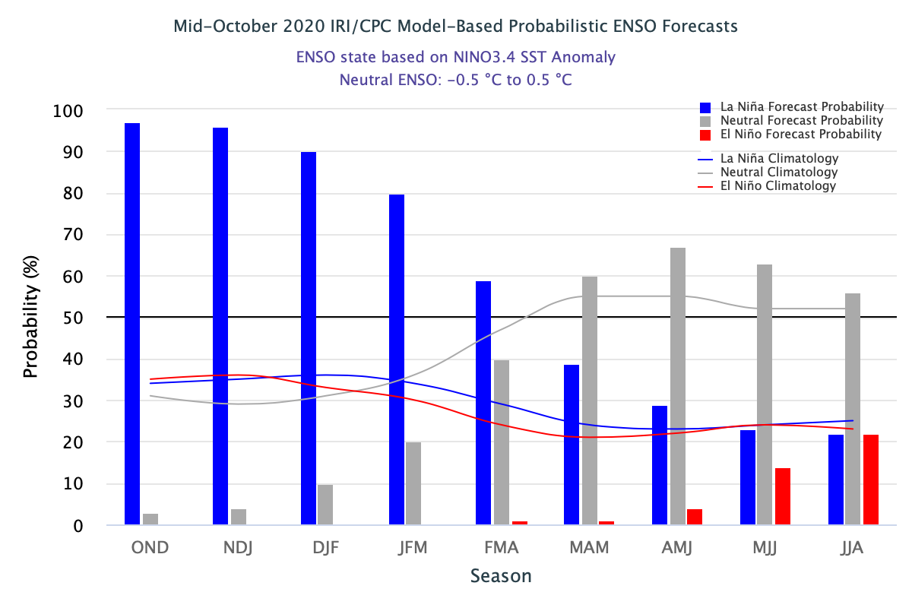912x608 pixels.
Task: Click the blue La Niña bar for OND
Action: pos(132,324)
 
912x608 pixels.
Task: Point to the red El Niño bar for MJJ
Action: pos(783,496)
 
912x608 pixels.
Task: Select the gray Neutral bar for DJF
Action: pos(325,505)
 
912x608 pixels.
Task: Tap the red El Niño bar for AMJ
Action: pos(695,517)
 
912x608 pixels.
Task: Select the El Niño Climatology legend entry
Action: pos(777,185)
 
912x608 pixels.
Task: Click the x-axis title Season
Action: pos(501,575)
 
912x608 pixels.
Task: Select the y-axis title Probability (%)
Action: pos(30,318)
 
